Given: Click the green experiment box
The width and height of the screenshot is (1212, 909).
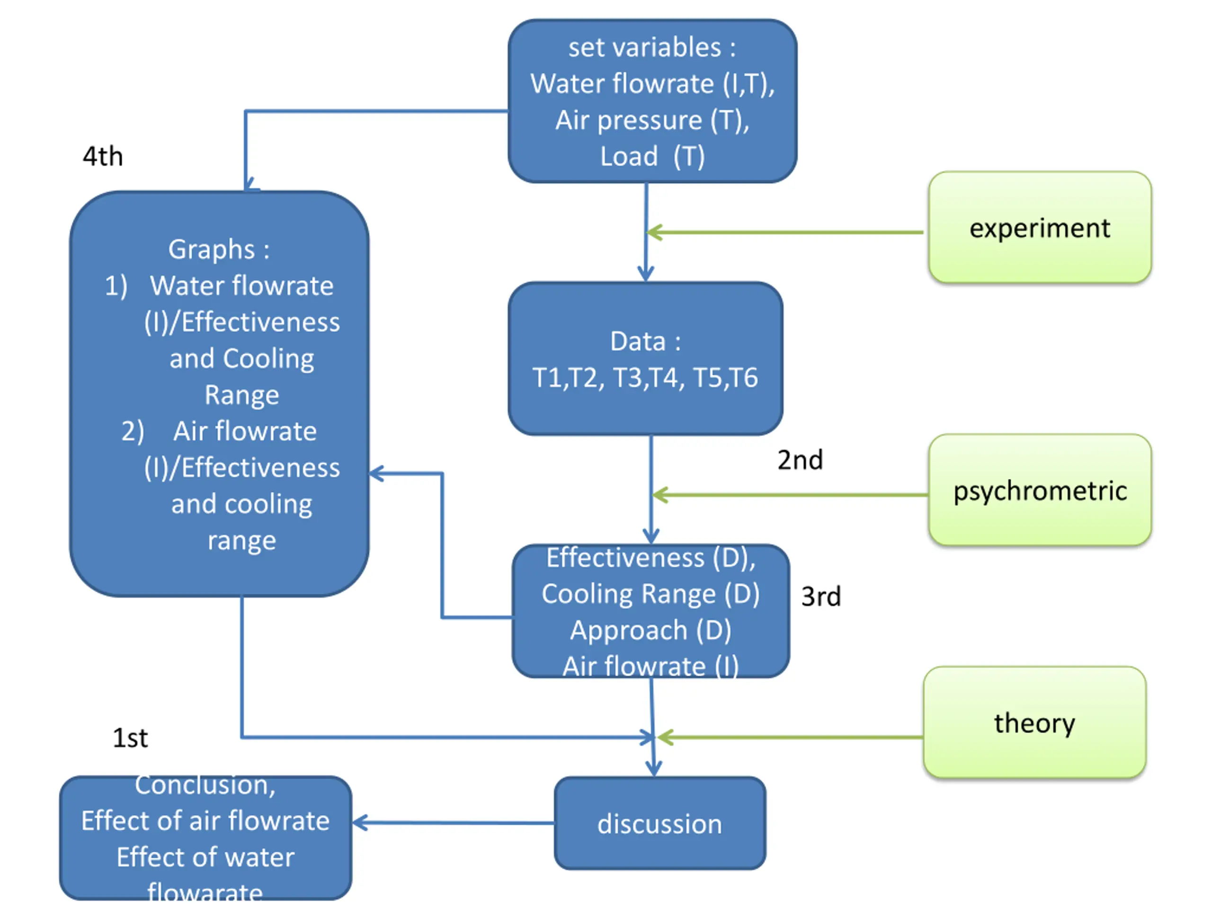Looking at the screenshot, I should (x=1039, y=228).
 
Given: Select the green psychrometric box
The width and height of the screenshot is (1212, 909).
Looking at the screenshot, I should (x=1039, y=490).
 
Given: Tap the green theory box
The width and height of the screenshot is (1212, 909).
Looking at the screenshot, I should (x=1034, y=722).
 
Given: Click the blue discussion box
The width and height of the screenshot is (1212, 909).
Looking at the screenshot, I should (x=659, y=823).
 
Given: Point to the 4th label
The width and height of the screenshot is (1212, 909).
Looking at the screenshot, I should (x=102, y=157).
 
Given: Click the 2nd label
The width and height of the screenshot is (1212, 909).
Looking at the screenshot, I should (x=800, y=460).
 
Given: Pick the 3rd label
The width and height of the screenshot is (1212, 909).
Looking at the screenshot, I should (x=821, y=596).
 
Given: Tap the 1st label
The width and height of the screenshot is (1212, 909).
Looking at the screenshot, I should (x=130, y=738).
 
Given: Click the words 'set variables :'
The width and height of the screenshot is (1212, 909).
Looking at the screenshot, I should (x=652, y=48).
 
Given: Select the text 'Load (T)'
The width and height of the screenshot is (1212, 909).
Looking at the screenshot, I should (x=652, y=157).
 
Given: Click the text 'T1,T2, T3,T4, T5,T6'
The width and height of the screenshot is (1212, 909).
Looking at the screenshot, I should (x=645, y=377).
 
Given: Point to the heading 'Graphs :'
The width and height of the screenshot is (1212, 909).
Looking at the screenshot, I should (x=219, y=250).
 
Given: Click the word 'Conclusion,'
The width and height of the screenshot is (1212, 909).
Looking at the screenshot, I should (x=205, y=784).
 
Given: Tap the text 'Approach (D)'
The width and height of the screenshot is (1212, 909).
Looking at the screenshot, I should (x=651, y=630).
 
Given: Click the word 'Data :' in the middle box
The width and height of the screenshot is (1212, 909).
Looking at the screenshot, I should (x=645, y=341).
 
